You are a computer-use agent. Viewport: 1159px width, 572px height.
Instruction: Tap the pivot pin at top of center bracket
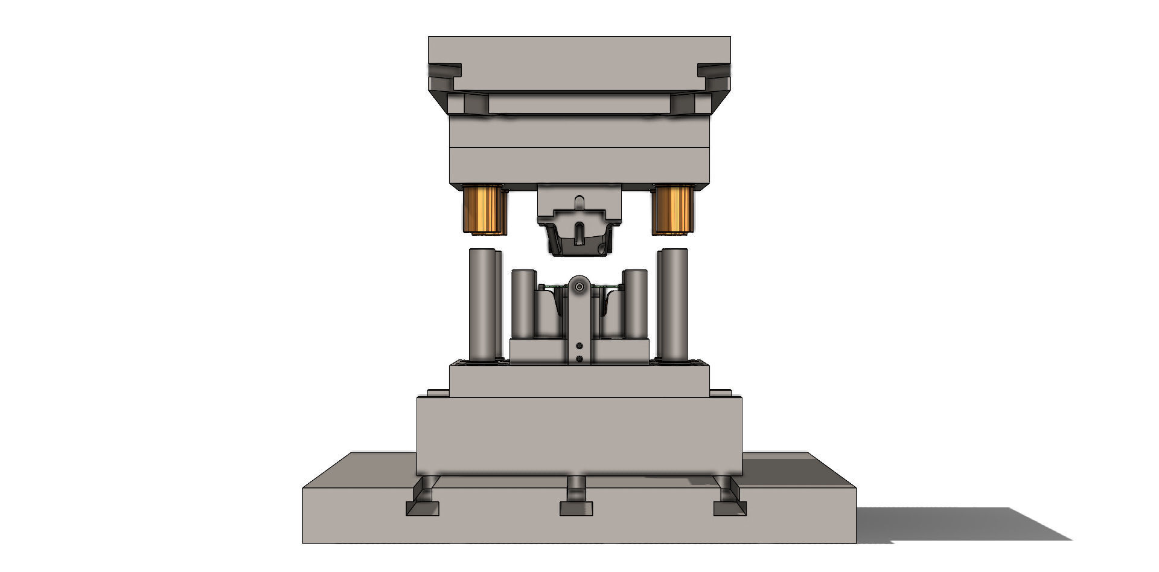579,286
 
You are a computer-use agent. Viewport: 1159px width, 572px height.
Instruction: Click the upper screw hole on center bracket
579,346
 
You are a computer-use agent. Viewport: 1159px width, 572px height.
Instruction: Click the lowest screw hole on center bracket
579,359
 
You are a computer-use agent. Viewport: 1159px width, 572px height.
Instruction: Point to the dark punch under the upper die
578,242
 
